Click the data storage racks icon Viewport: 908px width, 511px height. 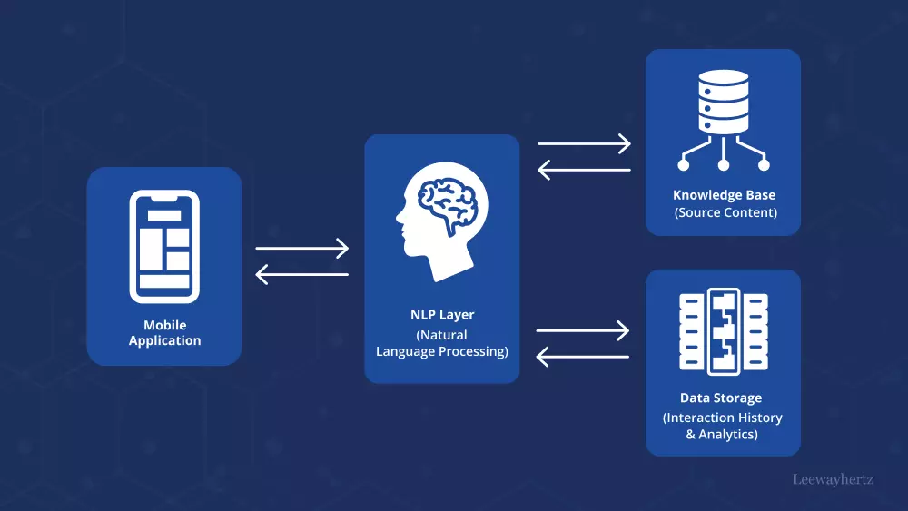point(723,330)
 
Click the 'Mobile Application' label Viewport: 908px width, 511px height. point(164,333)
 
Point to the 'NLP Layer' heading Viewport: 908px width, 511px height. point(442,315)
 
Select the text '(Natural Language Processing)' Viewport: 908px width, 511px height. point(442,343)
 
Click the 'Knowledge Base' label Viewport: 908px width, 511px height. point(724,195)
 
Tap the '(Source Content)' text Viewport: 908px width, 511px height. point(725,212)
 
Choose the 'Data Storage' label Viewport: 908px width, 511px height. point(721,398)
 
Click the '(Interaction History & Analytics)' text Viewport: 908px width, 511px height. point(723,426)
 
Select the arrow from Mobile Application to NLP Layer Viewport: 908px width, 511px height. point(301,248)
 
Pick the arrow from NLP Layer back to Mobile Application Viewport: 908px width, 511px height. point(301,274)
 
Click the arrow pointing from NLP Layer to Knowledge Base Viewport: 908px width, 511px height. point(584,143)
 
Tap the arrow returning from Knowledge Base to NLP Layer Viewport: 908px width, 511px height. point(584,170)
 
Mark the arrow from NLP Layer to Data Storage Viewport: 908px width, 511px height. point(584,330)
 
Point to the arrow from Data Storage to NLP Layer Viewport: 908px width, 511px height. point(584,357)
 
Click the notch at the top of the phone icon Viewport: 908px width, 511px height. point(164,197)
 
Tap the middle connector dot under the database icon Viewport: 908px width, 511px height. point(723,165)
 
